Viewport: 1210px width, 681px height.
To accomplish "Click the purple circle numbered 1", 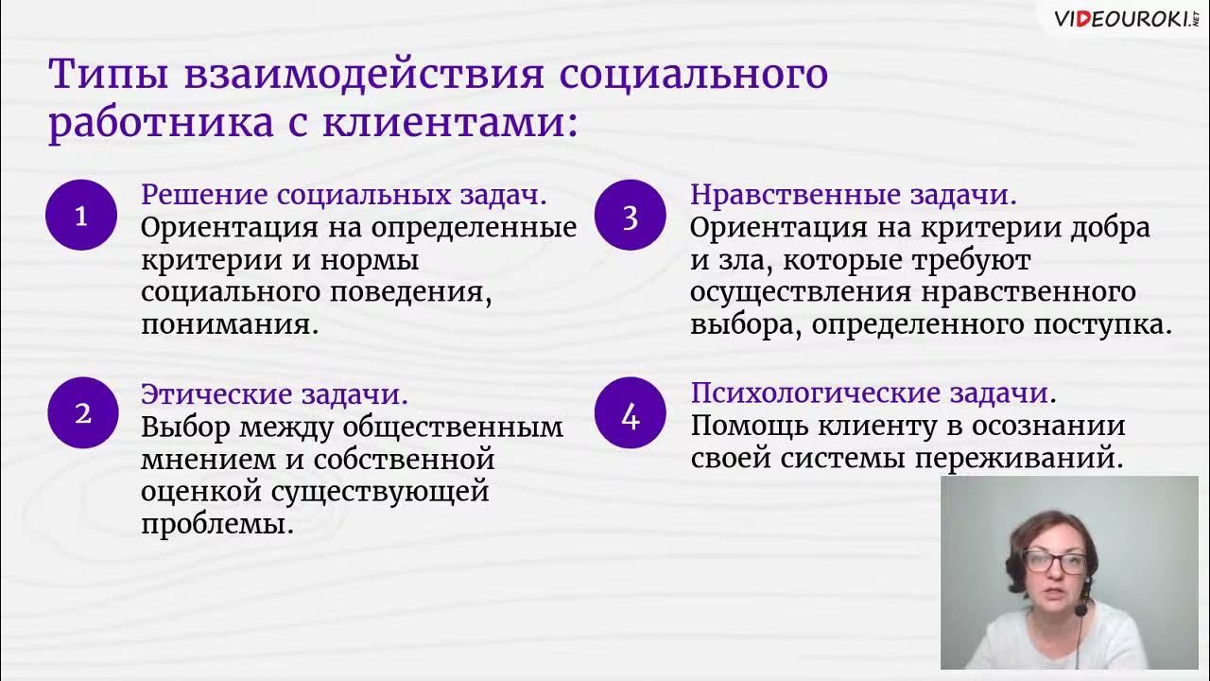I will pos(81,215).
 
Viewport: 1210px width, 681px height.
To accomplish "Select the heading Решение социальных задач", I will pos(344,196).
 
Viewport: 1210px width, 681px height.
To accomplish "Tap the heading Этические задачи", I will pos(274,393).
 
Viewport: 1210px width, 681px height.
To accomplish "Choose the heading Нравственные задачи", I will pos(854,196).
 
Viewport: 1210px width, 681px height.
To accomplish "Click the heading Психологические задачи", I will pos(871,393).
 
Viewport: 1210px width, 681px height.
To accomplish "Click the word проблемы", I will pos(216,523).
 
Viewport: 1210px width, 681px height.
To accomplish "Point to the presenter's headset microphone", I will pos(1080,610).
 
